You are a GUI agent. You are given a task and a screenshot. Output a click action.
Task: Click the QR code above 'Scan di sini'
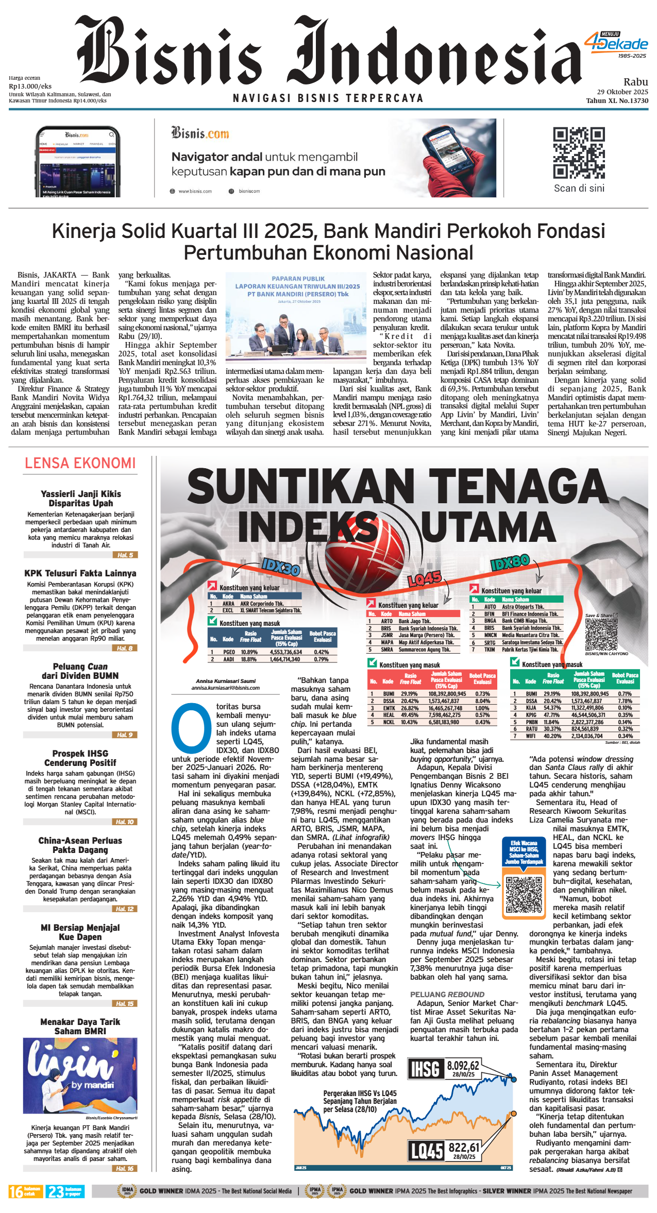click(x=579, y=153)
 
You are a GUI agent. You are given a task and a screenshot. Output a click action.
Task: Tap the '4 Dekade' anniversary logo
click(x=616, y=44)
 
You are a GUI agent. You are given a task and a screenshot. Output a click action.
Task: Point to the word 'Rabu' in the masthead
click(x=635, y=82)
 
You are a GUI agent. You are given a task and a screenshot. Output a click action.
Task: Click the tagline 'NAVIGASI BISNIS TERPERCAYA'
click(x=328, y=98)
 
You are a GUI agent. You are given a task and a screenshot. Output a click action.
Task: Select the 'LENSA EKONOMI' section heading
click(x=80, y=463)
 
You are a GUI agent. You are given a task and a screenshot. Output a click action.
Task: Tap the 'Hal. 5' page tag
click(x=125, y=555)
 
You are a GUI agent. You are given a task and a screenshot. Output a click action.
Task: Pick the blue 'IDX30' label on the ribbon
click(x=281, y=567)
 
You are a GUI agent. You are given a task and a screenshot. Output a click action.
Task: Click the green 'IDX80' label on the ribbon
click(x=510, y=562)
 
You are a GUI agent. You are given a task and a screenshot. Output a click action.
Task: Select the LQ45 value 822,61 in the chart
click(x=464, y=1148)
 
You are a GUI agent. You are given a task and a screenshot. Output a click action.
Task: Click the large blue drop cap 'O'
click(x=191, y=728)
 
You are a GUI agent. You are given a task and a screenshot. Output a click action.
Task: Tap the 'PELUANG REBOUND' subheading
click(x=447, y=995)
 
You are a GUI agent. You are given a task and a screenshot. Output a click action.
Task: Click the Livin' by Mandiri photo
click(x=80, y=1077)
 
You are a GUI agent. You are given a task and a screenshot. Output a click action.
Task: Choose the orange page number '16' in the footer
click(x=16, y=1192)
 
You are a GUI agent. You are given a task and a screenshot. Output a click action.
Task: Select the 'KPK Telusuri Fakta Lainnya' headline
click(x=80, y=573)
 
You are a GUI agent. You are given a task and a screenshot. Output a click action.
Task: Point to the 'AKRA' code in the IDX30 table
click(x=228, y=604)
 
